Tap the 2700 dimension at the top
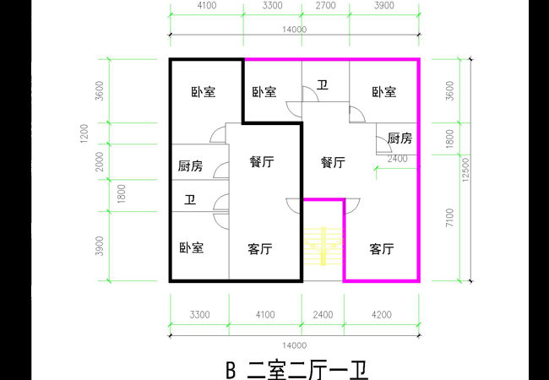[326, 5]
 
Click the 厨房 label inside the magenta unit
[400, 138]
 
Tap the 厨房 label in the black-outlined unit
[190, 166]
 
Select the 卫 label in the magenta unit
[323, 84]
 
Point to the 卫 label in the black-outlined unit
[190, 200]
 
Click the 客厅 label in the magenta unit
[382, 249]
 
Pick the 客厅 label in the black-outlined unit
[259, 249]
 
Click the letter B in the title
[230, 370]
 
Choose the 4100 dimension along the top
[206, 5]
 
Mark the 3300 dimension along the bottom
[199, 314]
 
